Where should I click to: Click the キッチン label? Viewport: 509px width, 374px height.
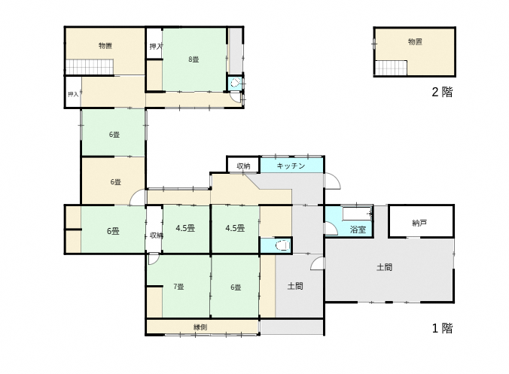pos(291,166)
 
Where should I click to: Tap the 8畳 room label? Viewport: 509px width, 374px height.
pos(194,59)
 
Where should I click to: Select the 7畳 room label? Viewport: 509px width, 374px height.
pos(179,287)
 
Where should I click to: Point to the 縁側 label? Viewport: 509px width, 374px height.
pos(200,327)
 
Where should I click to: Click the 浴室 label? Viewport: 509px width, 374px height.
pos(358,230)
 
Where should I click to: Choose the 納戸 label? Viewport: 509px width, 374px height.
pos(419,223)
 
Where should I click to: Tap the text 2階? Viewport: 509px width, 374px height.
pos(442,92)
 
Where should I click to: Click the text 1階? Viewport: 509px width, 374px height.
pos(442,328)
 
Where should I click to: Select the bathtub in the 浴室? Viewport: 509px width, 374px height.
pos(357,214)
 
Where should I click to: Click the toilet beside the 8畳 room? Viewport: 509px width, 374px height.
pos(236,83)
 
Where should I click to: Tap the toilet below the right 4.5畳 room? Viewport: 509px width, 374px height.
pos(283,245)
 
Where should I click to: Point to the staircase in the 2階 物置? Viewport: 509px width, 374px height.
pos(391,68)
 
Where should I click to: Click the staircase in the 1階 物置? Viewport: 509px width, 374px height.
pos(90,67)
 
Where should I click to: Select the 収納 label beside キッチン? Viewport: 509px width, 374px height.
pos(243,166)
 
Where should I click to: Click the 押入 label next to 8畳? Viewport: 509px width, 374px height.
pos(156,47)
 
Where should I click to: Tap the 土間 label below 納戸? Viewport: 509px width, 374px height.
pos(384,267)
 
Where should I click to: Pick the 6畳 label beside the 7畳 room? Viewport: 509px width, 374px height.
pos(236,287)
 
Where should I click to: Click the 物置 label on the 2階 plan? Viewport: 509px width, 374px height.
pos(415,41)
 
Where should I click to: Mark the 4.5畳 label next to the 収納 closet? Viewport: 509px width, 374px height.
pos(185,228)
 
